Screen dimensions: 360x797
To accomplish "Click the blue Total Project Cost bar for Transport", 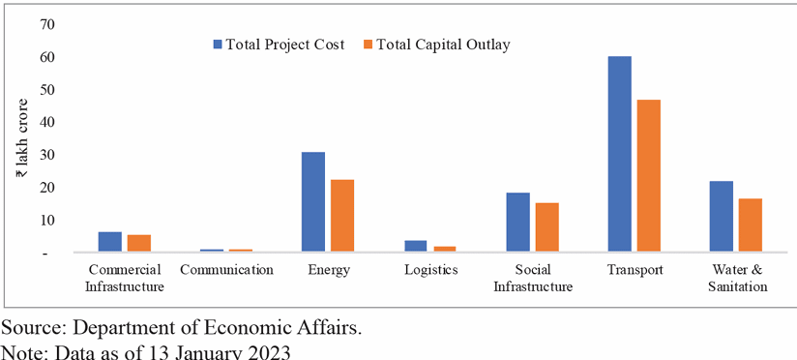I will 619,155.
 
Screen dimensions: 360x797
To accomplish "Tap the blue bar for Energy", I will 313,202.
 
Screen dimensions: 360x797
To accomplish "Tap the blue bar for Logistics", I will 416,247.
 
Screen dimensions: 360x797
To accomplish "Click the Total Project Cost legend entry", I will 278,45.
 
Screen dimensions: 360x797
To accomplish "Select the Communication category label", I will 226,269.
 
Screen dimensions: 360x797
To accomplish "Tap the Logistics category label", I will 430,269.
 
